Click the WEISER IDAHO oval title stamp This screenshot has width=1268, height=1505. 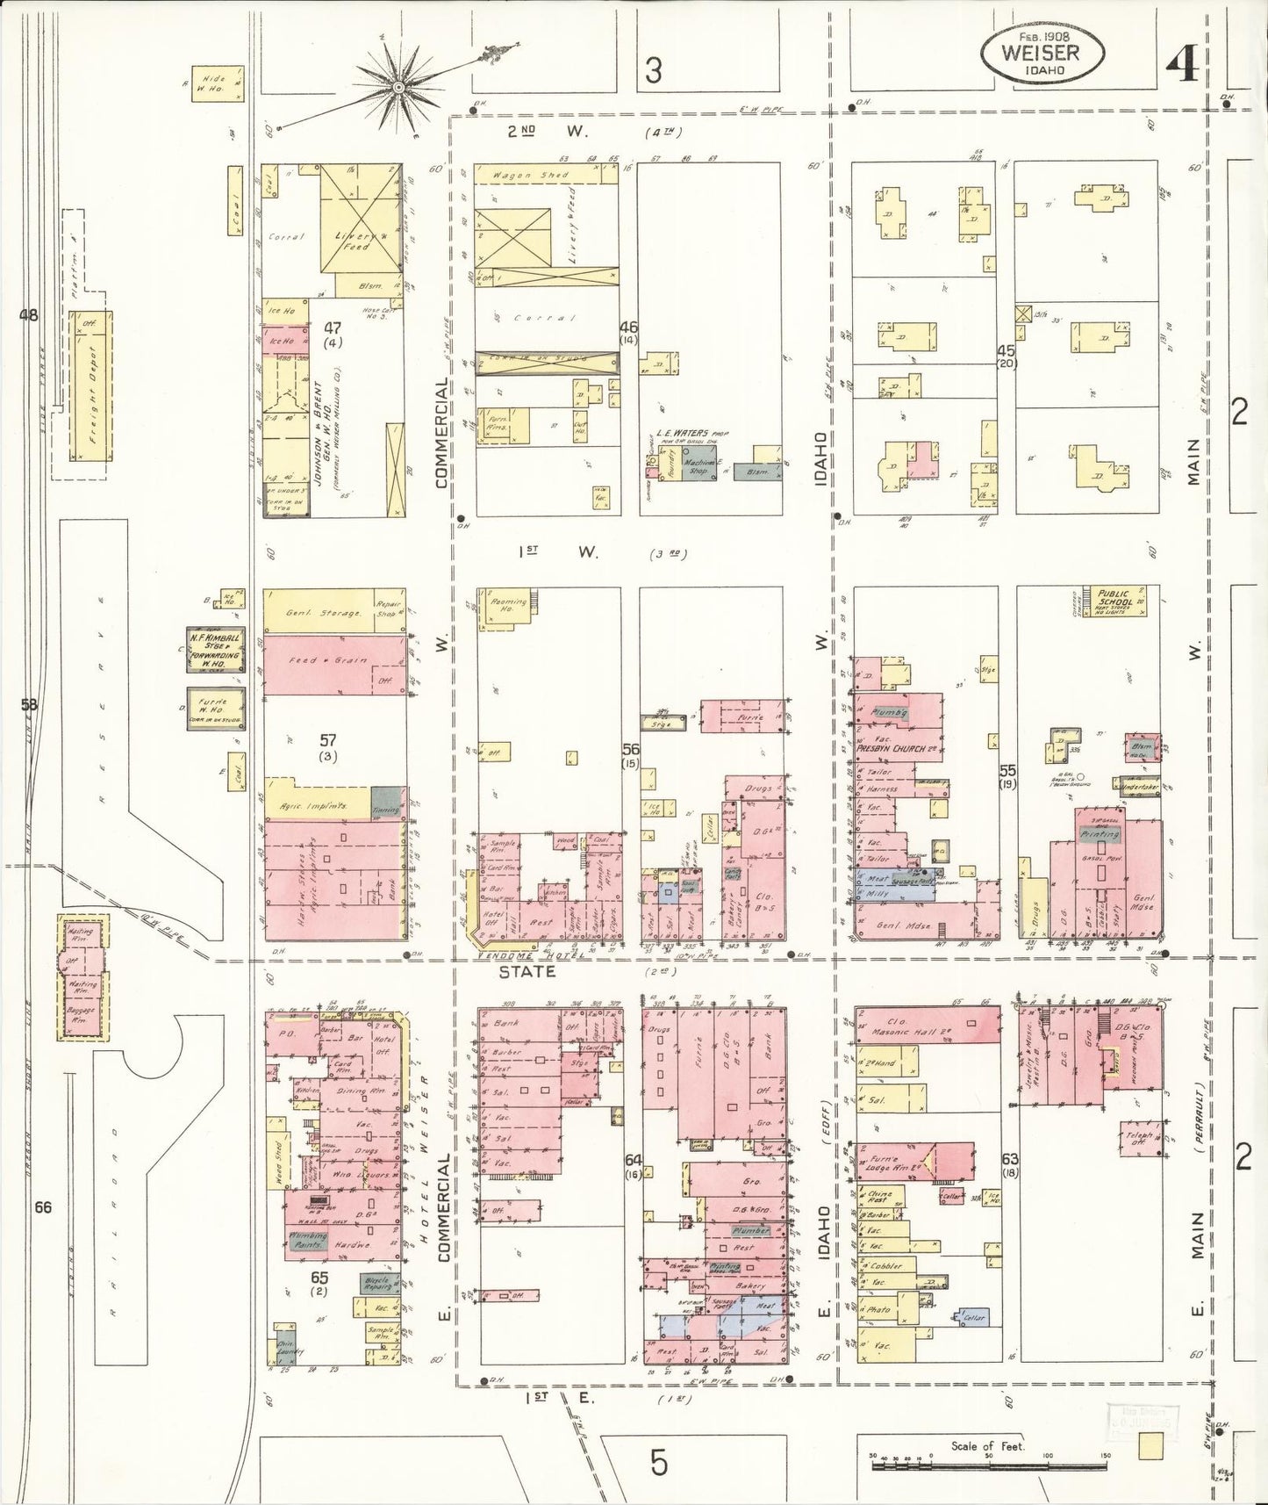[1041, 53]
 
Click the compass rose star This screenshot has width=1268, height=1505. [399, 88]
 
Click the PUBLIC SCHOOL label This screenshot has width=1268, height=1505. [1112, 600]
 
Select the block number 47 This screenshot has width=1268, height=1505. [333, 328]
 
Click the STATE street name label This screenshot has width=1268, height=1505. [527, 971]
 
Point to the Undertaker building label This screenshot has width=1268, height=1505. [1139, 787]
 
